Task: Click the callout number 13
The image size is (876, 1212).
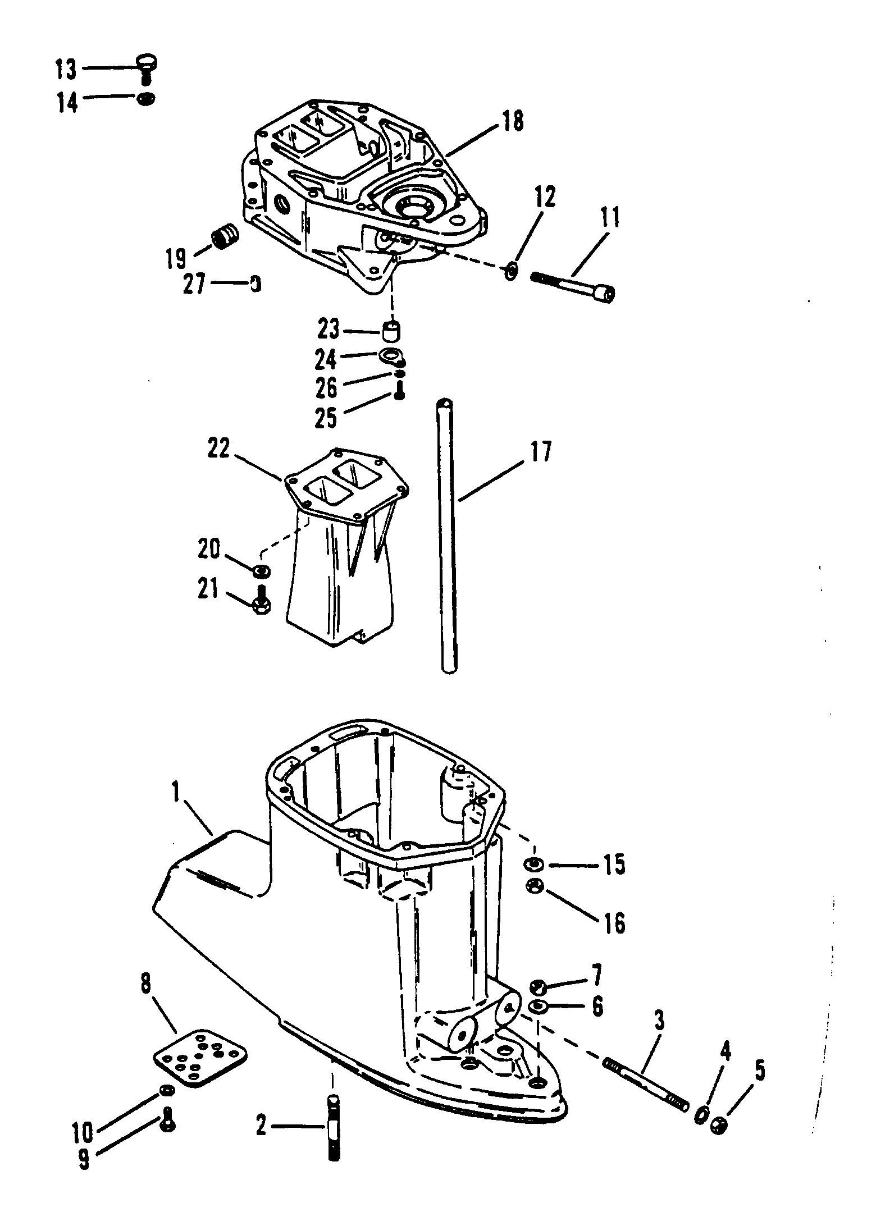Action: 65,70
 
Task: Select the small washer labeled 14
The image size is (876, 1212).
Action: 146,99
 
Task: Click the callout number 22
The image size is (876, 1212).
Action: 219,449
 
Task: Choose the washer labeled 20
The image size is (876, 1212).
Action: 261,571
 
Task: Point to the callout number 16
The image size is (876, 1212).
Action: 614,923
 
